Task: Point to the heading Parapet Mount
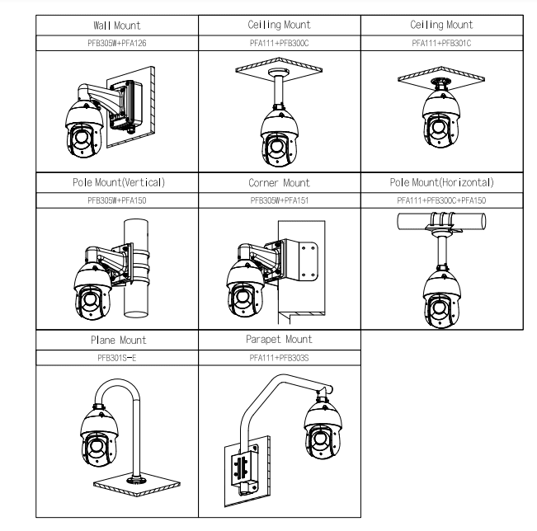(x=280, y=338)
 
